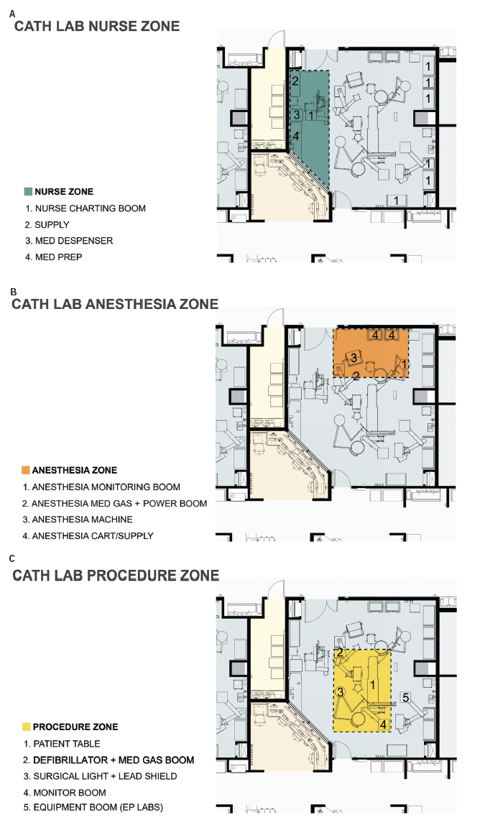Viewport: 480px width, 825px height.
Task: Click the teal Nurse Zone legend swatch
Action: coord(28,191)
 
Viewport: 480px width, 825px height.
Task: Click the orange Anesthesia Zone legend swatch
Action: coord(25,470)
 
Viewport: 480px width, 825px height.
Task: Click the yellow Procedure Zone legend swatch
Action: coord(27,727)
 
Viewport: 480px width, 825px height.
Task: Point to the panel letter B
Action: coord(14,292)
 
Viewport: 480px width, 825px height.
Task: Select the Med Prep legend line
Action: coord(53,257)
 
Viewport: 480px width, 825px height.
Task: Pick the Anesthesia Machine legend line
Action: coord(77,520)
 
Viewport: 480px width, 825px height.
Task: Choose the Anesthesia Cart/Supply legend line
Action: coord(88,535)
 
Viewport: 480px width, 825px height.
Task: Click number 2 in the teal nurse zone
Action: coord(295,81)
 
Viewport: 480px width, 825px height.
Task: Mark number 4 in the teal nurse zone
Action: coord(296,136)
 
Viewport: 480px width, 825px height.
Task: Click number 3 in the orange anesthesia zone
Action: coord(354,358)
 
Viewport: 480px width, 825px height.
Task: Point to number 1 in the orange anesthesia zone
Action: coord(405,364)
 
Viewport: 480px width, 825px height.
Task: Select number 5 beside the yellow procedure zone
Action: coord(406,698)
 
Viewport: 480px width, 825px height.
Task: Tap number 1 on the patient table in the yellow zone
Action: coord(373,685)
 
